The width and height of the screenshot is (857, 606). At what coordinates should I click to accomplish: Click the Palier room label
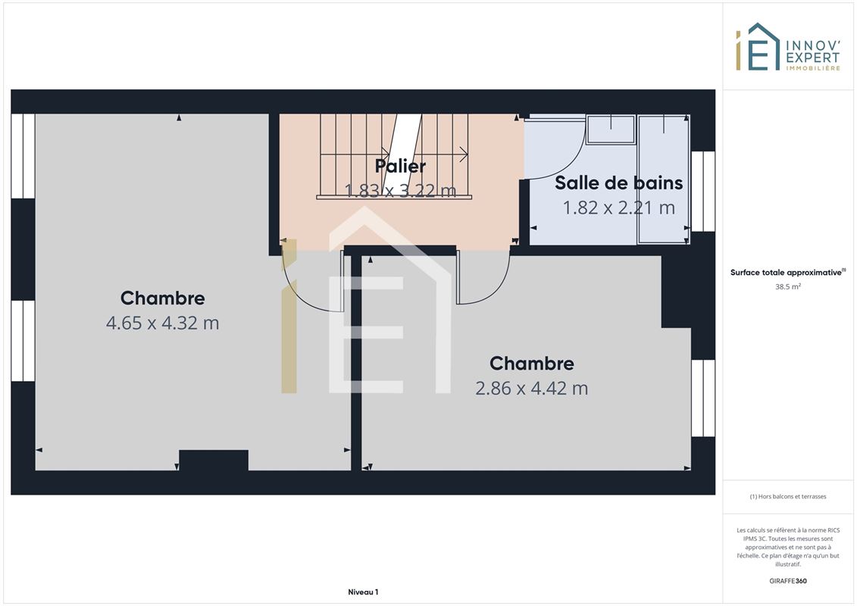[400, 166]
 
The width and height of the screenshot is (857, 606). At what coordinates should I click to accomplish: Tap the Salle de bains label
[619, 183]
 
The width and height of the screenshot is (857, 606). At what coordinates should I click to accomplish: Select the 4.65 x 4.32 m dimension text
[162, 323]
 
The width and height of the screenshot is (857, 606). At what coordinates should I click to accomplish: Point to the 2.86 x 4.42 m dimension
[531, 388]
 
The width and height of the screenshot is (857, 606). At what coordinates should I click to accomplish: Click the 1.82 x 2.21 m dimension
[619, 208]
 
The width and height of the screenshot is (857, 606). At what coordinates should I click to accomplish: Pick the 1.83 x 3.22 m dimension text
[400, 190]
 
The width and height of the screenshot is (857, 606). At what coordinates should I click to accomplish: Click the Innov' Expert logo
[787, 47]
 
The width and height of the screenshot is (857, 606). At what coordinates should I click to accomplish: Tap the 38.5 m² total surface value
[787, 286]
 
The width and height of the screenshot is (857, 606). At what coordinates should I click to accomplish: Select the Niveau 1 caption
[363, 592]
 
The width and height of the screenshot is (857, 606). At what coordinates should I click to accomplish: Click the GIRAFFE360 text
[787, 581]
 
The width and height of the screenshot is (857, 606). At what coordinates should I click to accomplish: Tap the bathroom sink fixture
[611, 130]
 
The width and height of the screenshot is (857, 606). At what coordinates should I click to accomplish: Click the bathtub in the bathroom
[664, 180]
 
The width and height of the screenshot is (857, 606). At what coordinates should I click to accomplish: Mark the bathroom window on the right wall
[703, 191]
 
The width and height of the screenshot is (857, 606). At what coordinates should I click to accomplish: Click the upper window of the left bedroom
[23, 156]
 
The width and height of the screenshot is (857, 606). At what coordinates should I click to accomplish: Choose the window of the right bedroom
[703, 398]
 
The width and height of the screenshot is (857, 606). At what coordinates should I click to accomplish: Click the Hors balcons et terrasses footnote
[787, 497]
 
